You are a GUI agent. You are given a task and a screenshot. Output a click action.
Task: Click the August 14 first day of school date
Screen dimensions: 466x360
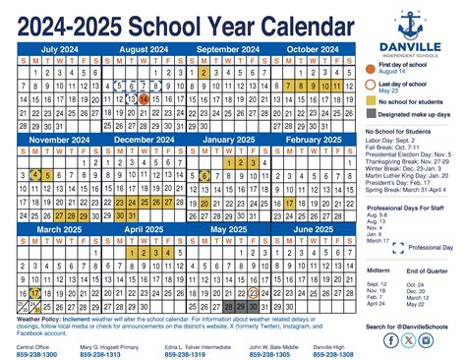click(x=144, y=98)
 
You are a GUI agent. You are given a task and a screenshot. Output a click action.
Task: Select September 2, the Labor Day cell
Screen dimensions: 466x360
click(x=203, y=72)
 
